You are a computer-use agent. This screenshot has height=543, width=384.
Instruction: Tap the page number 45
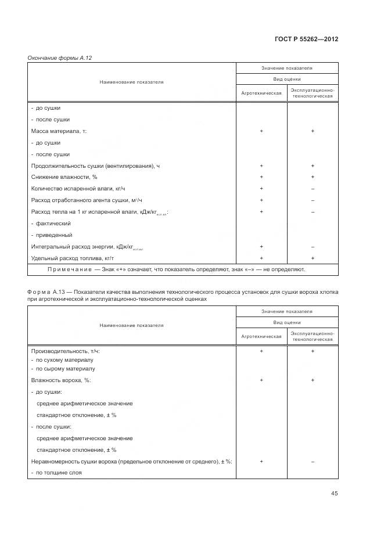334,493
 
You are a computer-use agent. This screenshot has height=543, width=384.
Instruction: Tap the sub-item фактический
53,224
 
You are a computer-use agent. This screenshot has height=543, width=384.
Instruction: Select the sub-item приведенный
53,235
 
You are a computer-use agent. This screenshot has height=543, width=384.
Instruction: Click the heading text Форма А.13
46,292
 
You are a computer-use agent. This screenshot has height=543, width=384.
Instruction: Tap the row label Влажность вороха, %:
61,380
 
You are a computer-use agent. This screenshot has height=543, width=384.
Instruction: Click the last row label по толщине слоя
56,473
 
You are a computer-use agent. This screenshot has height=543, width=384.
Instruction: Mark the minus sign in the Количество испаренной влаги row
313,189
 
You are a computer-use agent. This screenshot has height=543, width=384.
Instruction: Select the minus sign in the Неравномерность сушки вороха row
313,461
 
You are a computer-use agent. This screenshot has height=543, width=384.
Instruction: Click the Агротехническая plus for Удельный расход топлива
261,258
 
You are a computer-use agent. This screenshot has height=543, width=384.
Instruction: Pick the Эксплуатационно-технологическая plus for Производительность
313,351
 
